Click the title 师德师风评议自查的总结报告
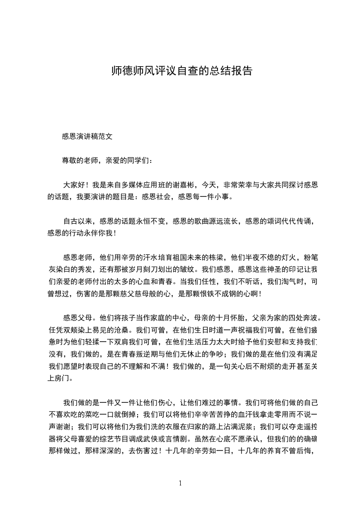point(182,71)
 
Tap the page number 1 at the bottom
point(180,483)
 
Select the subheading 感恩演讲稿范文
point(87,136)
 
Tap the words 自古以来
point(78,221)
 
